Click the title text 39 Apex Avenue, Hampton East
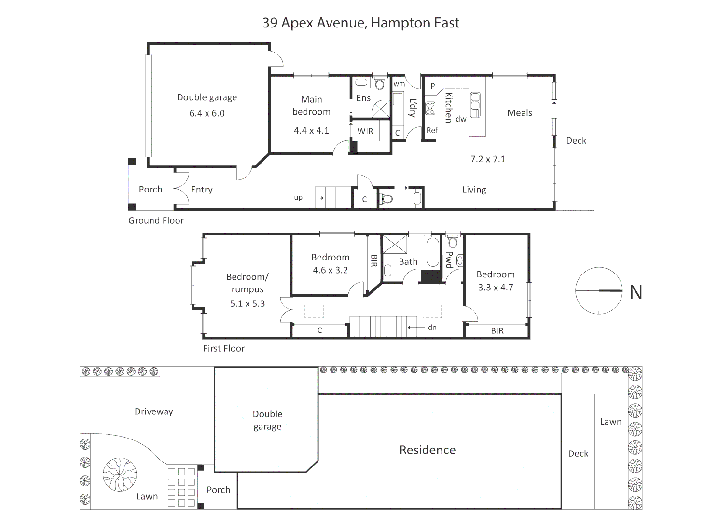coord(361,23)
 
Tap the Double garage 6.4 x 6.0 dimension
coord(207,113)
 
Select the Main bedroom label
coord(311,106)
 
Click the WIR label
coord(365,131)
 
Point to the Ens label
coord(363,98)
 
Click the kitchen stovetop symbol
coord(430,108)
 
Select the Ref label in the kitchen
coord(432,130)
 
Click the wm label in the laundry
coord(399,84)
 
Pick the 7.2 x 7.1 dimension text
coord(487,159)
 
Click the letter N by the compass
coord(636,292)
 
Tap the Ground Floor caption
coord(156,220)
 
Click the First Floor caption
coord(224,348)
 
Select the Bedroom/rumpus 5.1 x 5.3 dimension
coord(248,303)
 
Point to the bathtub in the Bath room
coord(433,252)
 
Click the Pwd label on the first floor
coord(449,260)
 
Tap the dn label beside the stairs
coord(432,328)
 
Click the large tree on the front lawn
coord(120,475)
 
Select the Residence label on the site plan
coord(427,450)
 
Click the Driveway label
coord(154,412)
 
